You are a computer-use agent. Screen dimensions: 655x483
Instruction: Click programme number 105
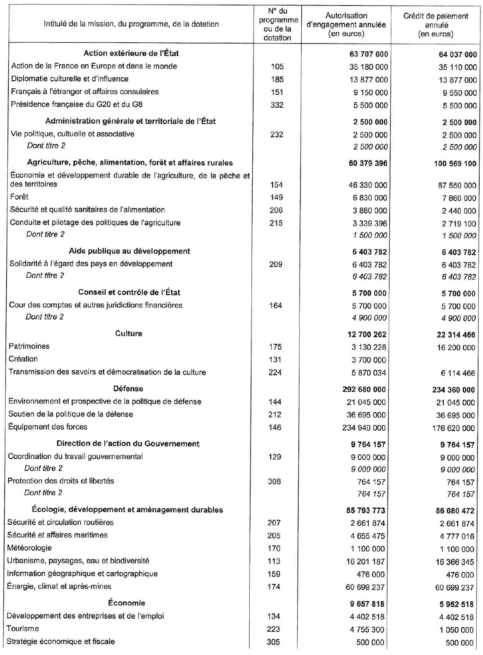[277, 66]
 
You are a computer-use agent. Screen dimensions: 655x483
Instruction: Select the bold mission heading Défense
[128, 389]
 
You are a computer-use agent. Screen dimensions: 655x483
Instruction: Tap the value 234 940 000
[364, 428]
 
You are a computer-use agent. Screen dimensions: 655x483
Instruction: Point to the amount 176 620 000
[453, 428]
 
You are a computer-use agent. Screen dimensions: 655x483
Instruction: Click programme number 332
[277, 105]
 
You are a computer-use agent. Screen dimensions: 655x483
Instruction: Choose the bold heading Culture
[128, 334]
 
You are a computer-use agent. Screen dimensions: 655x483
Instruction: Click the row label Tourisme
[23, 629]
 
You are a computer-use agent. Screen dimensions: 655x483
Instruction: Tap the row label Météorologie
[29, 548]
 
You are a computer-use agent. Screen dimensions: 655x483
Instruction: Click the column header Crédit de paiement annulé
[436, 25]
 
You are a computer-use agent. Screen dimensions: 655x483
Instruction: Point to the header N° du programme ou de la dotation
[278, 24]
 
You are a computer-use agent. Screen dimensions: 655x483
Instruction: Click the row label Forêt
[19, 197]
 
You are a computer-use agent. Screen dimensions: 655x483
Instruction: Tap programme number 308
[274, 481]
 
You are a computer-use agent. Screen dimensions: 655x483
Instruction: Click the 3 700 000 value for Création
[370, 360]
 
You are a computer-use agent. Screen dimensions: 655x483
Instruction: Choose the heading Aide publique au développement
[129, 251]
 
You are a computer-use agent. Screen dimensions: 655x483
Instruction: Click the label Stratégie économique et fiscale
[60, 641]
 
